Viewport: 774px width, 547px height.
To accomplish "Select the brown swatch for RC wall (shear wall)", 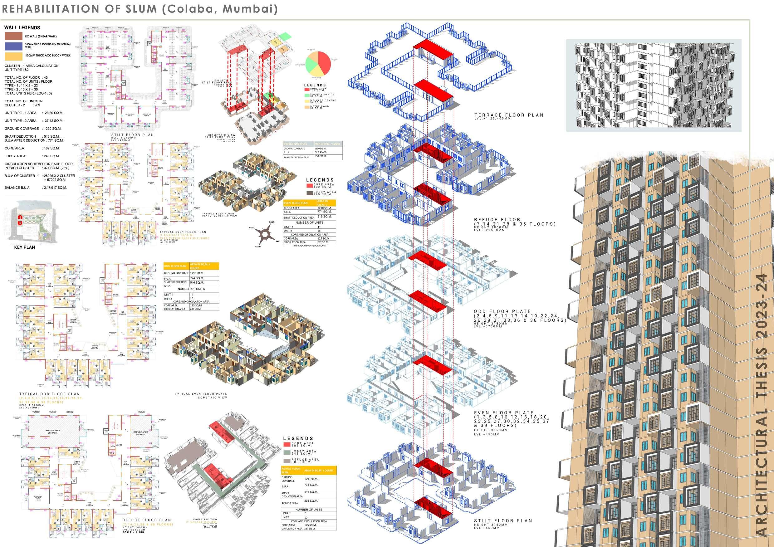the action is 13,37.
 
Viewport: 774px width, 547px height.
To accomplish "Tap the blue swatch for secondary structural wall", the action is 13,46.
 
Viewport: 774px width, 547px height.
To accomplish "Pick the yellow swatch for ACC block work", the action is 13,56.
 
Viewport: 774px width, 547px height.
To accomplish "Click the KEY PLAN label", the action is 24,247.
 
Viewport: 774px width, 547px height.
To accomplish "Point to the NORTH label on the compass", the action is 272,222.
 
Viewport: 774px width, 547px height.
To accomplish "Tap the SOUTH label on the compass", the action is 257,247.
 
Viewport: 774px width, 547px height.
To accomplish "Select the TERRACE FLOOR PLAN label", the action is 509,115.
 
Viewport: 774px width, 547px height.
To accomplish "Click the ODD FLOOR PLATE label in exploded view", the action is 502,311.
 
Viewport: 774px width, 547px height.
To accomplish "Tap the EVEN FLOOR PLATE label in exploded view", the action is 504,413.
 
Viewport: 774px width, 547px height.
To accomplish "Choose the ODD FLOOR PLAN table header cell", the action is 175,266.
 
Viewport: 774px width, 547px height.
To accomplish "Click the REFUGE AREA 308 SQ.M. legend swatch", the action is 287,461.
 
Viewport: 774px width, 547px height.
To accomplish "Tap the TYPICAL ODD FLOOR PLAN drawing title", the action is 49,394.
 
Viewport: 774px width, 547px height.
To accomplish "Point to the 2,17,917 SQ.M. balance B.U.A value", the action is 55,188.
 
